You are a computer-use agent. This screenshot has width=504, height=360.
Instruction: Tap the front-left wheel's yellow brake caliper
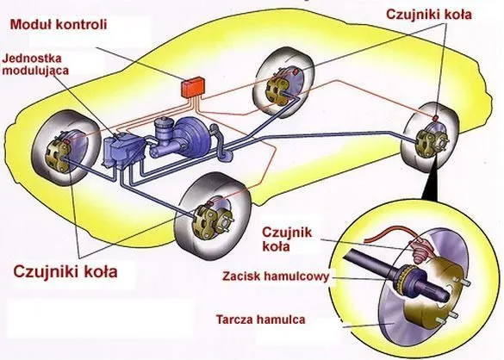click(57, 155)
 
